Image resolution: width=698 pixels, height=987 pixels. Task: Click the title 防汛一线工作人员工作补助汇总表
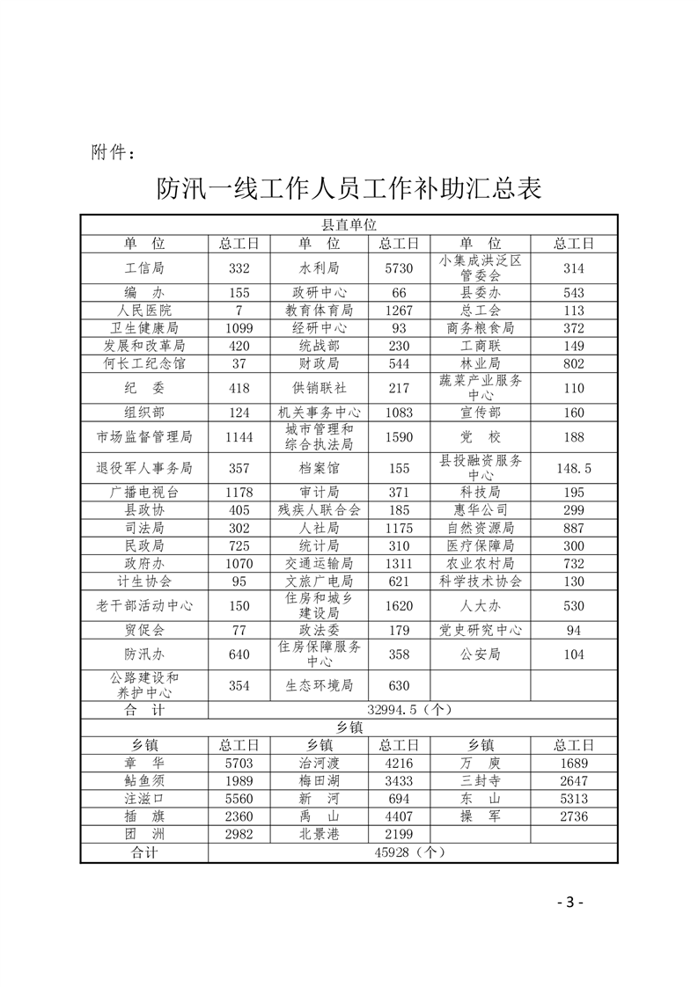[x=349, y=188]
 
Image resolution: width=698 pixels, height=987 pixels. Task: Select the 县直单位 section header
[x=349, y=225]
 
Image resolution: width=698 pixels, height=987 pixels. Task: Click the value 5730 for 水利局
[x=399, y=268]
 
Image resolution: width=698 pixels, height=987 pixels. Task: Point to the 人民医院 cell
[x=144, y=311]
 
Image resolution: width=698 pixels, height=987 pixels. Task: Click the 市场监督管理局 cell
[x=144, y=436]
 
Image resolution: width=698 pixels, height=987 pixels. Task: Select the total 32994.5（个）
[x=413, y=709]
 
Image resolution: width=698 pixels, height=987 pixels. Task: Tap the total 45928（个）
[x=413, y=852]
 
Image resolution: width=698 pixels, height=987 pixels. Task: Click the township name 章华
[x=144, y=764]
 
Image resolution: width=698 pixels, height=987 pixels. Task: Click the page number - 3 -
[x=570, y=903]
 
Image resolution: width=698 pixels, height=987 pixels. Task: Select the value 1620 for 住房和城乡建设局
[x=399, y=605]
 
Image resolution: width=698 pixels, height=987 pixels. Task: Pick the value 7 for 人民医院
[x=239, y=311]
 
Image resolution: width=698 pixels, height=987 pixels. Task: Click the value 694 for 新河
[x=399, y=799]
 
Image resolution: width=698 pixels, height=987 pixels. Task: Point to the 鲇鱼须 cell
[x=144, y=781]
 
